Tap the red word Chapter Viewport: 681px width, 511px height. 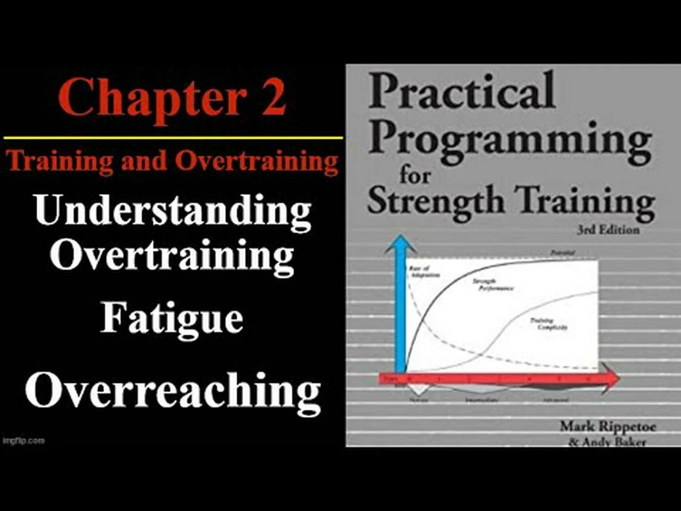(152, 97)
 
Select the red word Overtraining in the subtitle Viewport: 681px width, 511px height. (256, 161)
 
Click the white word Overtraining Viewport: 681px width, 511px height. (171, 256)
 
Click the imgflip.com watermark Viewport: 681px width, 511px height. (23, 441)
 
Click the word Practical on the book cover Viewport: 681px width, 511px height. (461, 91)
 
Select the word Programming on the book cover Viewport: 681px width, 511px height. (510, 139)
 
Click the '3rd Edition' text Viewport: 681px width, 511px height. (608, 229)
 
